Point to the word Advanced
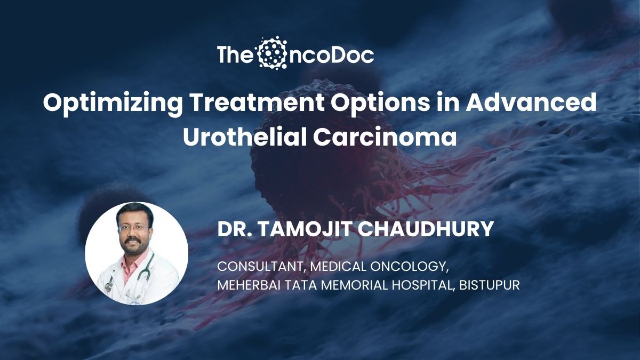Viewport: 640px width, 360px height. pyautogui.click(x=531, y=103)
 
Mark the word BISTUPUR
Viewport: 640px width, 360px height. pyautogui.click(x=490, y=285)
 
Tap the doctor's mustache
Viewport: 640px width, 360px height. pyautogui.click(x=133, y=239)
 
